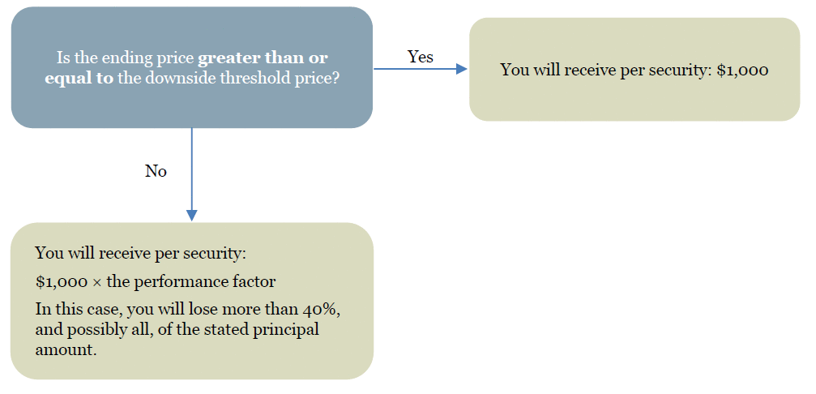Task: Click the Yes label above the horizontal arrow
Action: click(420, 56)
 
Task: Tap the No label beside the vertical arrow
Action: click(156, 171)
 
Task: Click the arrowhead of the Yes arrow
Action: click(462, 69)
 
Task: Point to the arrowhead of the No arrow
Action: click(191, 216)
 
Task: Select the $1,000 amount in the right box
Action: click(742, 71)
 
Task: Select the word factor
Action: click(255, 282)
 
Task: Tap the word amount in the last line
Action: click(66, 349)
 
